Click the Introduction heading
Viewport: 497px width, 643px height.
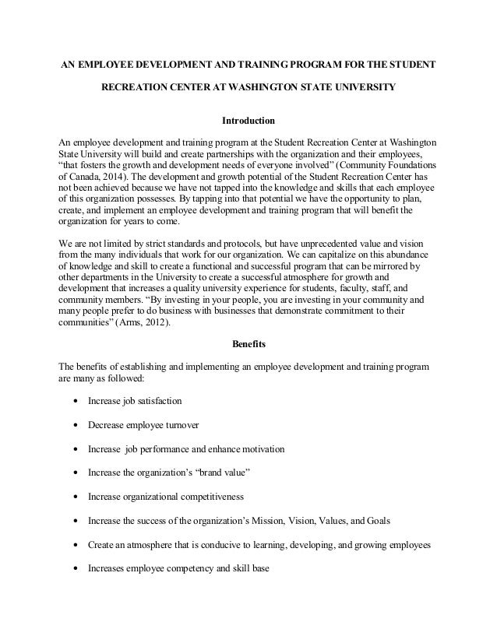(x=248, y=121)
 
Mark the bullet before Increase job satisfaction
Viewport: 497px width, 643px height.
(x=74, y=402)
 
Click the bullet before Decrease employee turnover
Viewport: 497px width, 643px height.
(x=74, y=426)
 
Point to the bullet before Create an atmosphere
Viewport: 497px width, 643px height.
(x=74, y=544)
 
